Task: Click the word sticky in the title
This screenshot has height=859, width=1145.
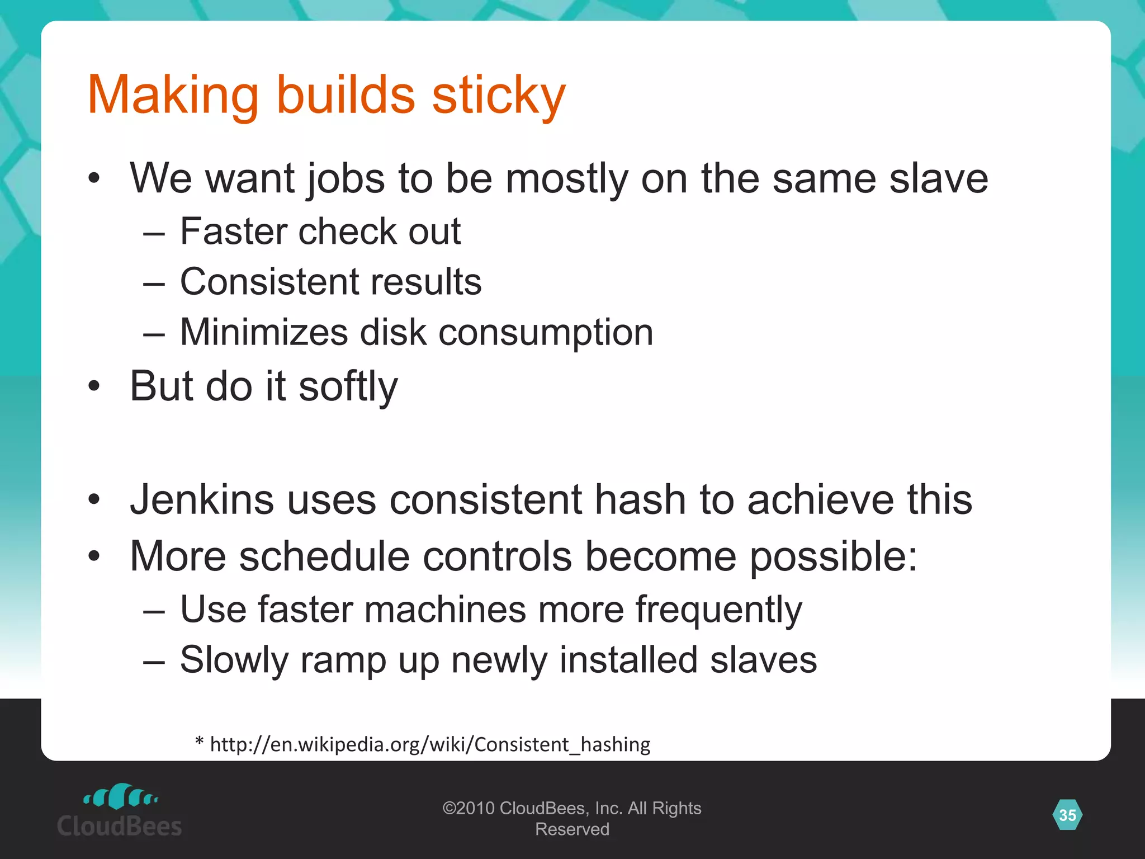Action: (498, 95)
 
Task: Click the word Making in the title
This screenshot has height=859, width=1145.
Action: (173, 95)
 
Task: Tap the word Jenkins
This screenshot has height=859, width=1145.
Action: (202, 499)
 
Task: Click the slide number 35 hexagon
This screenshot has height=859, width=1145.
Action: (1067, 815)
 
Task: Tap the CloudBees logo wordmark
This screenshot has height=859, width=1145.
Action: (120, 826)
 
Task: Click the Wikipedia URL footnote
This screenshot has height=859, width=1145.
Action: (430, 744)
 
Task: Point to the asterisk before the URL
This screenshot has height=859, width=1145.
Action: (199, 742)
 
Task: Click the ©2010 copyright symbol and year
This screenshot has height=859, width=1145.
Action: (469, 808)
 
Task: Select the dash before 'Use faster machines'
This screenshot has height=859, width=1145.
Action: (154, 611)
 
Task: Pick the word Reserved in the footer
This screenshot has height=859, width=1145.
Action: (572, 829)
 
